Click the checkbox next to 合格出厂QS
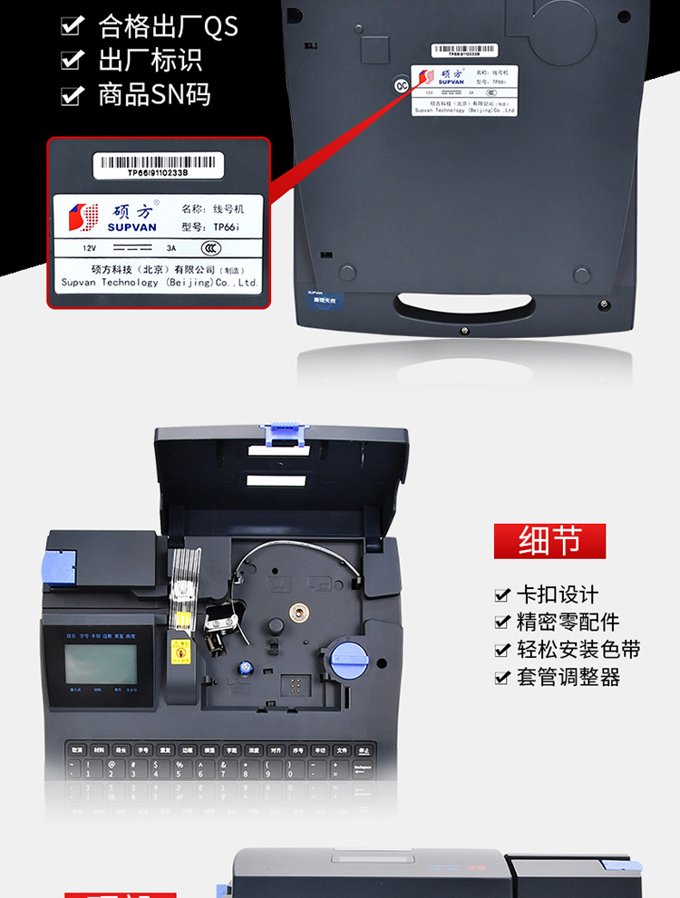click(72, 27)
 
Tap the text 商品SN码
click(154, 94)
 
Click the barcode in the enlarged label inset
click(159, 162)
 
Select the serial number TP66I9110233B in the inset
click(158, 174)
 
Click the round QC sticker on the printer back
click(400, 86)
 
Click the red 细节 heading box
click(549, 540)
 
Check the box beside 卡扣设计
click(501, 595)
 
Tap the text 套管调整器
click(568, 678)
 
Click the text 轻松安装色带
click(578, 650)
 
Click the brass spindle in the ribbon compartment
click(299, 613)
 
